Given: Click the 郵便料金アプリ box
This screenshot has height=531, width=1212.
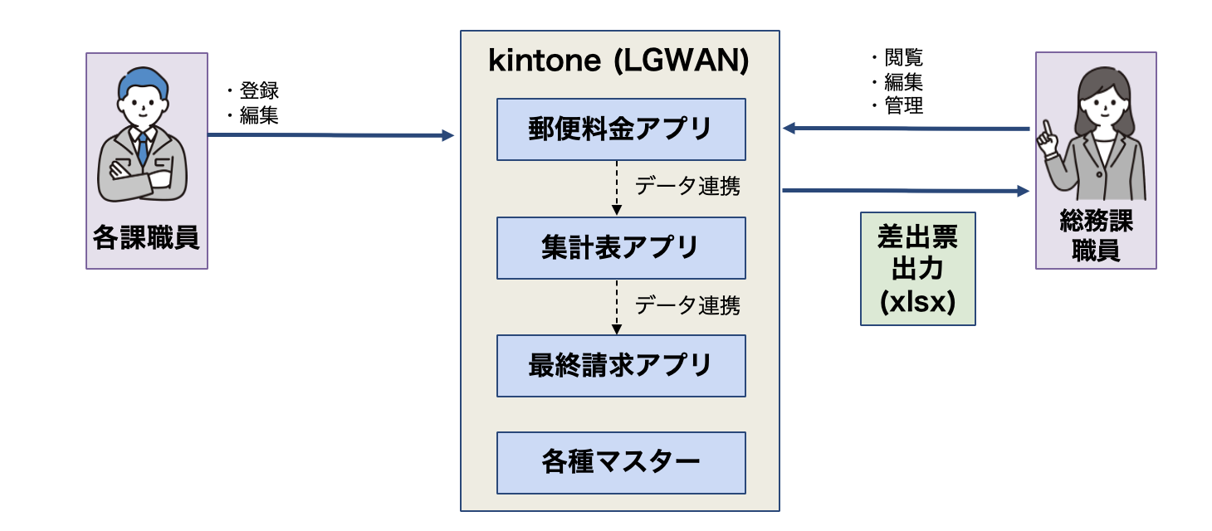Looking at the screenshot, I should [x=620, y=129].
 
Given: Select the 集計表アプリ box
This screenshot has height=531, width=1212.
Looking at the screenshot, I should [x=620, y=247].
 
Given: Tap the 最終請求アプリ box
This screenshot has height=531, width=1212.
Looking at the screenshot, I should [x=620, y=365].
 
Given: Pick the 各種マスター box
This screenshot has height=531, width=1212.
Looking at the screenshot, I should [x=620, y=462].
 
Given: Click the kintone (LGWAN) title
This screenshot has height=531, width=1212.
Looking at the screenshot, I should [x=619, y=61].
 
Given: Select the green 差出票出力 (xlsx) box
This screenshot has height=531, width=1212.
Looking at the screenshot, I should [x=917, y=269].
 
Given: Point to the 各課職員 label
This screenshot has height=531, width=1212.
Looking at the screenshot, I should [x=146, y=238].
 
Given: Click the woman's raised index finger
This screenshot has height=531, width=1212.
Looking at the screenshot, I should [x=1048, y=129].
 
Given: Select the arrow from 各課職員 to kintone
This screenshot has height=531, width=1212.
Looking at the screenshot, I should [x=332, y=134].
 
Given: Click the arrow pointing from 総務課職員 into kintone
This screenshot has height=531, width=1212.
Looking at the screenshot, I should [x=905, y=129].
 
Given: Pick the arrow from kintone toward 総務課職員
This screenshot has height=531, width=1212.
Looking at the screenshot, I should [x=905, y=191].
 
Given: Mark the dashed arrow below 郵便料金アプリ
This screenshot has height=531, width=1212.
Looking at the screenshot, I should [x=616, y=188].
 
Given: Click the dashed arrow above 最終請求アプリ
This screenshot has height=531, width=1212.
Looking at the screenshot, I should [x=616, y=307].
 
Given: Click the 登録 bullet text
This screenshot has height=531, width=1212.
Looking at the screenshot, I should [x=258, y=91].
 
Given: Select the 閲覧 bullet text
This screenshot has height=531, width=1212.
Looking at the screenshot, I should [x=903, y=57].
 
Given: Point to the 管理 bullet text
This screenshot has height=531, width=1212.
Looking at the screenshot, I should [x=903, y=105].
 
